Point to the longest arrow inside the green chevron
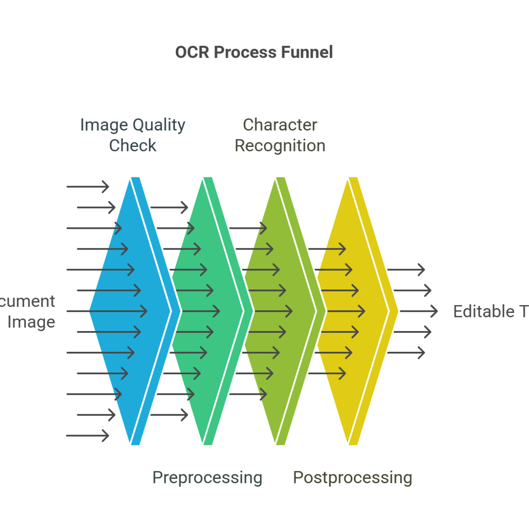click(x=201, y=311)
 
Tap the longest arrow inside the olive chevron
click(x=273, y=311)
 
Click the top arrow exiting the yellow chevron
click(x=406, y=269)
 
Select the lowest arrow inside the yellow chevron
click(x=331, y=373)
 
